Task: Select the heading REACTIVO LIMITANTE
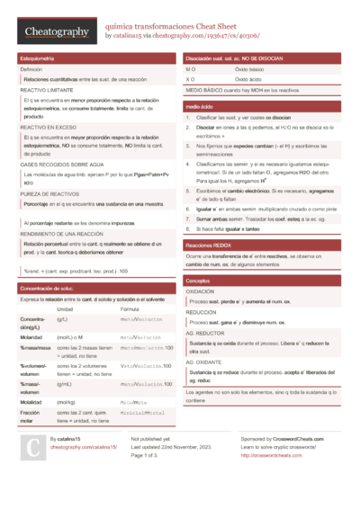[47, 91]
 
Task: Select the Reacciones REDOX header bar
[211, 245]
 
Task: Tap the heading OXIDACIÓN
[200, 292]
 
